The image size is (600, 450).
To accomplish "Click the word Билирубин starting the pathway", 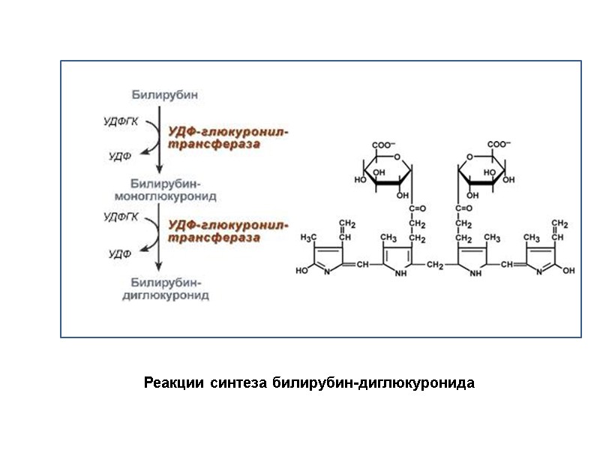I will point(165,95).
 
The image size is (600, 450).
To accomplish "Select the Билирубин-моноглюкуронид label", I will point(164,190).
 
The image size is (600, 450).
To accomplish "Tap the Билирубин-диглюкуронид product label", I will point(165,289).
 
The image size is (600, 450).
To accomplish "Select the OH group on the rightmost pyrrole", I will point(568,271).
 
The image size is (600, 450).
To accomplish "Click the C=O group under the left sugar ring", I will point(417,208).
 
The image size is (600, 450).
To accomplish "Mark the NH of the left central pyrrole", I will point(400,273).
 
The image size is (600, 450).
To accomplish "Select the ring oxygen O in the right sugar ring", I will point(470,157).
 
